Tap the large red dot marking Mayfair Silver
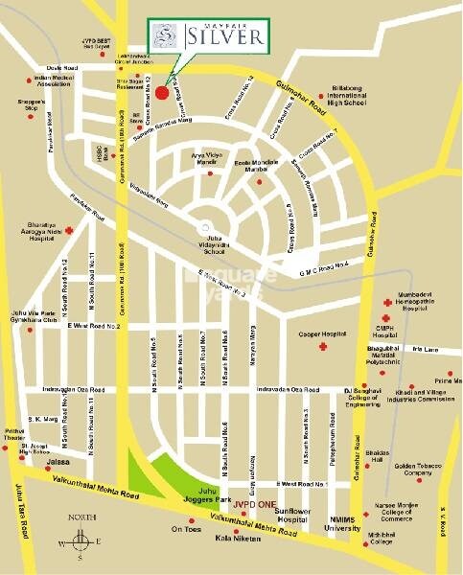point(162,93)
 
